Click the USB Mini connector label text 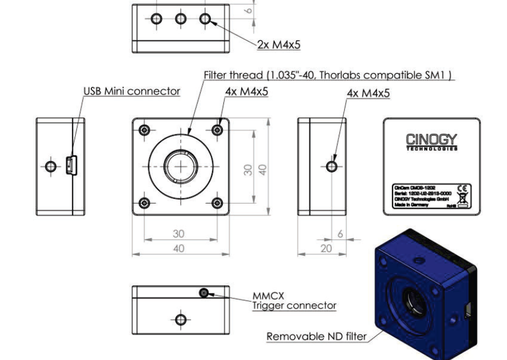tap(132, 91)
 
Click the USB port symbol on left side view tap(70, 166)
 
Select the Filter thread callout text tap(329, 76)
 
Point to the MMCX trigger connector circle tap(203, 294)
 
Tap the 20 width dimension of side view tap(327, 247)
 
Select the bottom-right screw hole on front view tap(217, 202)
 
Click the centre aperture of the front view tap(181, 166)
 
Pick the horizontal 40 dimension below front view tap(179, 248)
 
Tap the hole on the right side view tap(331, 166)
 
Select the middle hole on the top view tap(181, 19)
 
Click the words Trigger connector tap(294, 306)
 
